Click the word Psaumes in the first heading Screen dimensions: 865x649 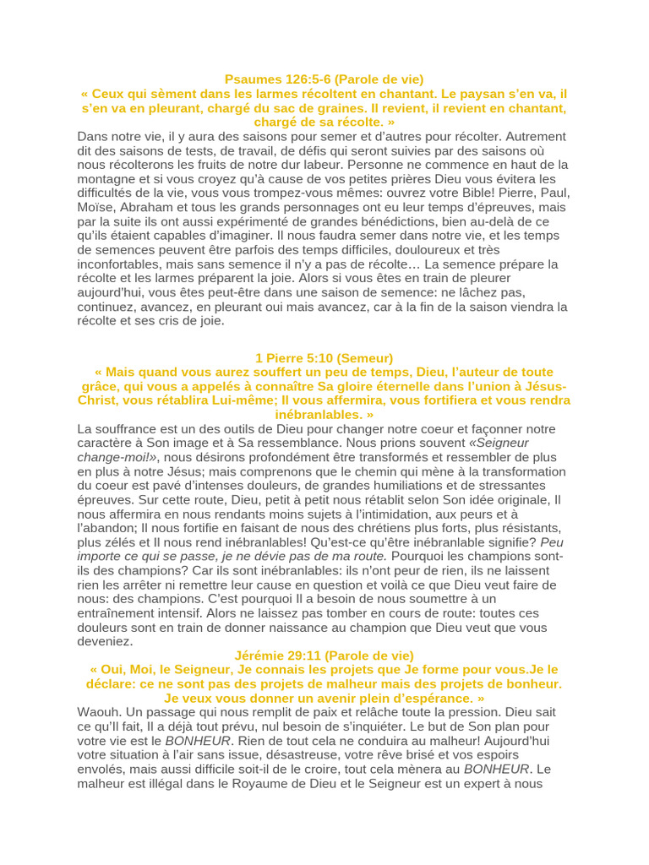pos(253,79)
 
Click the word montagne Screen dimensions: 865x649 pos(106,179)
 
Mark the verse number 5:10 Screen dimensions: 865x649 pos(314,357)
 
